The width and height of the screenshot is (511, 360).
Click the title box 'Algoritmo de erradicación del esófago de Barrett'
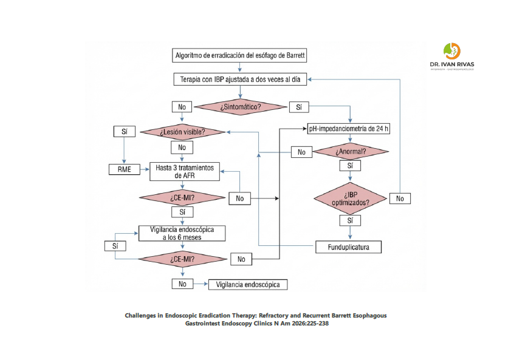pos(240,55)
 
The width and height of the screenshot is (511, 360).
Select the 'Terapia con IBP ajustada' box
pos(240,80)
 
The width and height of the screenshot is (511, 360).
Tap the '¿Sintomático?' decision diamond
pos(241,107)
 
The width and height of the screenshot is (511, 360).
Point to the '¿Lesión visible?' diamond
pos(182,132)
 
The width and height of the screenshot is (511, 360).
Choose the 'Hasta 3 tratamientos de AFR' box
pos(185,171)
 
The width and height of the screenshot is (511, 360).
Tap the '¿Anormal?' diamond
pos(351,151)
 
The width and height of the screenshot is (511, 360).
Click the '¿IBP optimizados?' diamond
pos(350,198)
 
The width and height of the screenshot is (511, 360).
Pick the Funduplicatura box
pos(349,247)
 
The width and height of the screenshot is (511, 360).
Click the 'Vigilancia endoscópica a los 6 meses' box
pos(182,234)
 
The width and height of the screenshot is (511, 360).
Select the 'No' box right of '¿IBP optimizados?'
pos(399,198)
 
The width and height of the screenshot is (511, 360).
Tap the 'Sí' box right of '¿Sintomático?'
pos(298,107)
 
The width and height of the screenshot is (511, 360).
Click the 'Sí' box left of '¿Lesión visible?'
pos(124,131)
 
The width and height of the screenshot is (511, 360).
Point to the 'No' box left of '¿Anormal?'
pos(301,152)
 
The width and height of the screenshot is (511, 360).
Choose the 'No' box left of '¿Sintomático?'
pos(182,107)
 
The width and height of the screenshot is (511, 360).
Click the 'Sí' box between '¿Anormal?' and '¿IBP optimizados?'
pos(350,165)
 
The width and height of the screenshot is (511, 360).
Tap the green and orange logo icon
pos(451,50)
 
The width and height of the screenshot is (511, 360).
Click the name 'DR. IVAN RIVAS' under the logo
pos(451,64)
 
